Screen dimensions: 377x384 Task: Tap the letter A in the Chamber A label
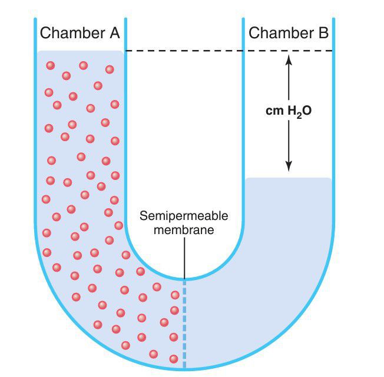coord(114,33)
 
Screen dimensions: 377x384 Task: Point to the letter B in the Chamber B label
coord(323,33)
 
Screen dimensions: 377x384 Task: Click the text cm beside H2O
coord(274,111)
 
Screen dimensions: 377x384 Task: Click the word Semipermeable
coord(183,216)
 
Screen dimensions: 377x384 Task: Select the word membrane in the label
coord(183,229)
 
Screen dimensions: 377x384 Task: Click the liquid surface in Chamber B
coord(289,178)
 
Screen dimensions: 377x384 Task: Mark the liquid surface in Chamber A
coord(80,52)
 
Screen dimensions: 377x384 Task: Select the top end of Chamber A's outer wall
coord(35,19)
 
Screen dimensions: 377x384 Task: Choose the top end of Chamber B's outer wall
coord(335,19)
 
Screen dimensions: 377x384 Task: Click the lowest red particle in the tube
coord(173,359)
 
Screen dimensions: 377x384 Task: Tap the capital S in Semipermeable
coord(143,216)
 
